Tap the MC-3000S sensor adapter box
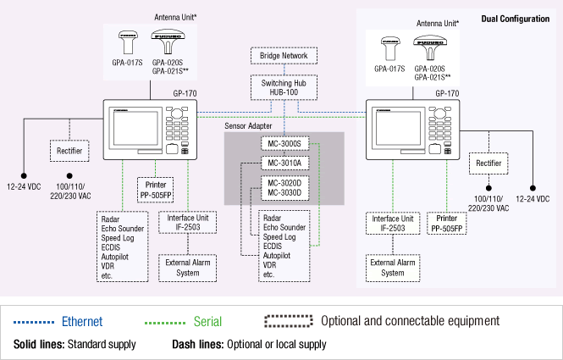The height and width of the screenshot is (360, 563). point(284,144)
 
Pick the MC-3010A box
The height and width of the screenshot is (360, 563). point(284,163)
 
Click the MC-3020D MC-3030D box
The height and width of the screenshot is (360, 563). point(284,187)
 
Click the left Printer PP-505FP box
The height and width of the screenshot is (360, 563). point(156,188)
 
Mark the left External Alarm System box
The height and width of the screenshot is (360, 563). point(187,268)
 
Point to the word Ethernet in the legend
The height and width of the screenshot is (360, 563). point(82,322)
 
